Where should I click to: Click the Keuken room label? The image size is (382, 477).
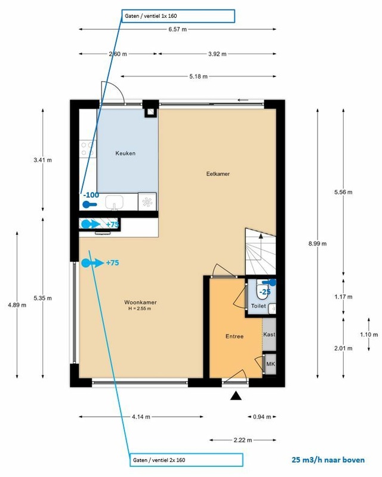tap(125, 153)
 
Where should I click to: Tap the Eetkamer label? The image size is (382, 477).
tap(218, 174)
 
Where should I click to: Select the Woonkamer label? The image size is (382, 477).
tap(140, 302)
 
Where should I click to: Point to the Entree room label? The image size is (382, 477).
tap(234, 336)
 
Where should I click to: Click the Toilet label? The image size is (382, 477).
tap(258, 306)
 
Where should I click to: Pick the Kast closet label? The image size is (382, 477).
tap(269, 334)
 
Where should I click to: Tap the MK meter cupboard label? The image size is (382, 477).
tap(270, 364)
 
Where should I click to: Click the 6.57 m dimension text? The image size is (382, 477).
tap(178, 29)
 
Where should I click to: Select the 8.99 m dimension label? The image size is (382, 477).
tap(318, 244)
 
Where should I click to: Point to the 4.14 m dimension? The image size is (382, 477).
tap(141, 417)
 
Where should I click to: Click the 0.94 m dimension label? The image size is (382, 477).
tap(262, 417)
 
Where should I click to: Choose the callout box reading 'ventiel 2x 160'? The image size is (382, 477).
tap(186, 460)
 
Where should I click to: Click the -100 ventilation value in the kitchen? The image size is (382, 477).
tap(91, 195)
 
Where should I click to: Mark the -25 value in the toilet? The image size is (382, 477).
tap(264, 292)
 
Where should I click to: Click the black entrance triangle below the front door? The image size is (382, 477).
tap(236, 396)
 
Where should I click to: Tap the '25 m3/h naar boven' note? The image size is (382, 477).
tap(328, 460)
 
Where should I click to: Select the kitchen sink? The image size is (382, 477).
tap(114, 202)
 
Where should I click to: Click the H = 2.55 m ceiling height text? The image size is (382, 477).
tap(140, 309)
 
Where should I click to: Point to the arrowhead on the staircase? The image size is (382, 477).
tap(261, 236)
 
